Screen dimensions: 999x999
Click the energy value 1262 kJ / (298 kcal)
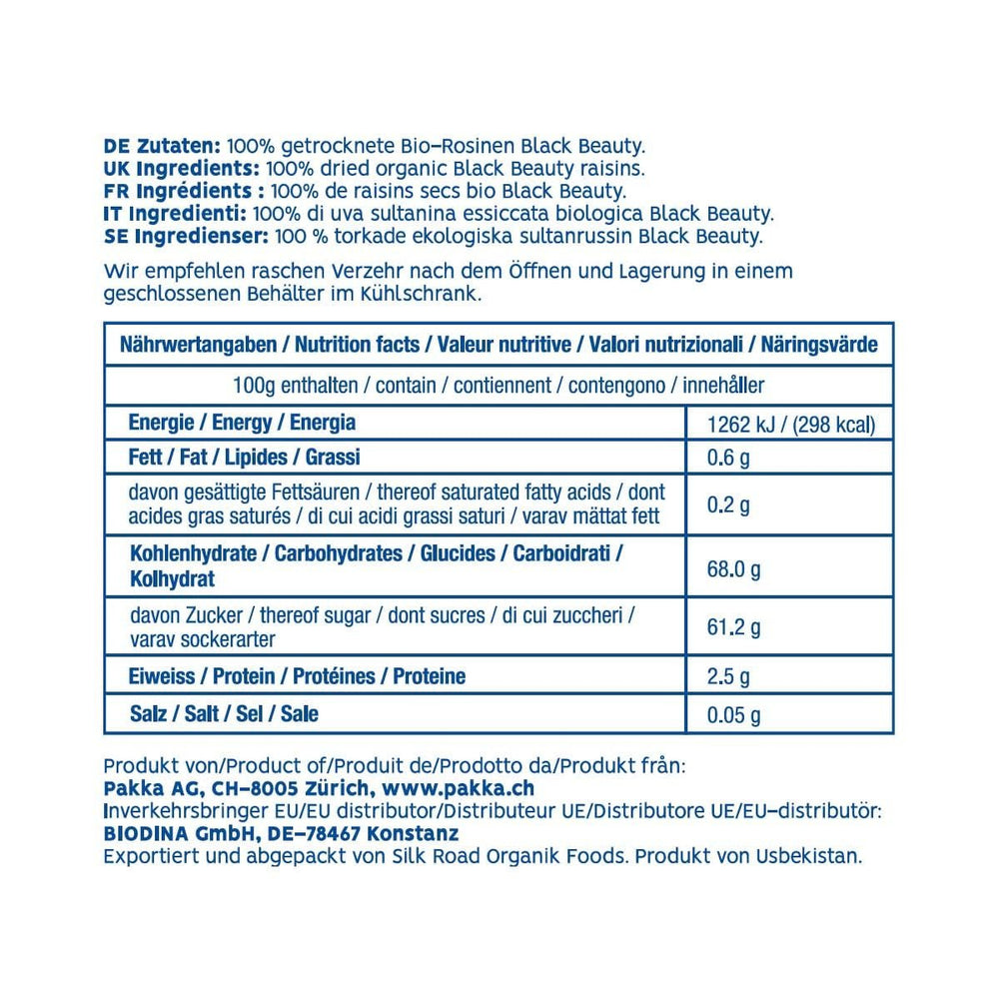pos(791,426)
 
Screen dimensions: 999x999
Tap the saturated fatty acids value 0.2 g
pos(728,504)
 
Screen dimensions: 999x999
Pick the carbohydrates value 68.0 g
pos(733,569)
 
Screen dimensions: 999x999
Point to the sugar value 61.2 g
pos(733,628)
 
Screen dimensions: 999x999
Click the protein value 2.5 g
pos(728,678)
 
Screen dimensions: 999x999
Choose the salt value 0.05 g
pos(733,715)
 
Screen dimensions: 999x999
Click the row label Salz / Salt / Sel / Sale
pos(224,714)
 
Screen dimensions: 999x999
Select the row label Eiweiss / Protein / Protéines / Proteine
pos(297,676)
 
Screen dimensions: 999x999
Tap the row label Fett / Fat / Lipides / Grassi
pos(244,458)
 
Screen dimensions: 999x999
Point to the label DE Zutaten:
pos(163,146)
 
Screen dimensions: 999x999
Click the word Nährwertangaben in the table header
pos(198,346)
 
